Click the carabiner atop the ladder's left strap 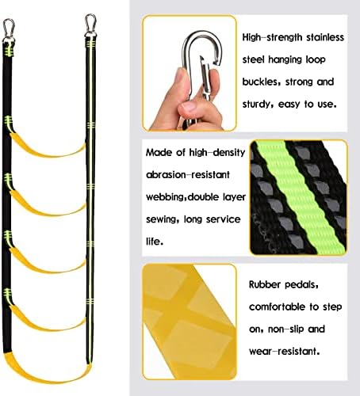(9, 29)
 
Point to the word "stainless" (325, 37)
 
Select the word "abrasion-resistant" (188, 175)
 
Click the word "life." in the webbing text (155, 242)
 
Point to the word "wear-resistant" (284, 352)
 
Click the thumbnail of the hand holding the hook (190, 73)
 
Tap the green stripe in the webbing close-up (301, 196)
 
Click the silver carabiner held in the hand (202, 66)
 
